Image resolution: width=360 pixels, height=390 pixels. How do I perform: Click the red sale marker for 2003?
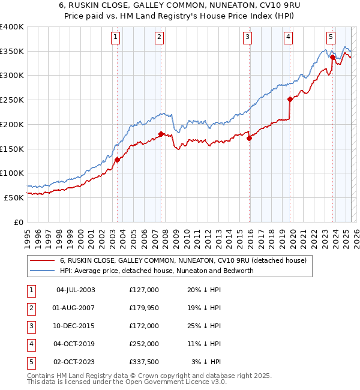click(x=118, y=160)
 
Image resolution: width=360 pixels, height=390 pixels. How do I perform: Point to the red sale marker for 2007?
click(x=161, y=134)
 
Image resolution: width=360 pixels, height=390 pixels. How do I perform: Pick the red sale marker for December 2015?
click(x=249, y=137)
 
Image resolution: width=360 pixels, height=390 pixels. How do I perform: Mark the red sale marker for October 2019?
click(x=290, y=99)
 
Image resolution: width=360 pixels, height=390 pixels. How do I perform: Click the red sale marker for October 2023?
click(x=332, y=58)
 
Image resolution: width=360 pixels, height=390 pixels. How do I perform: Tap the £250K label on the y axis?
click(x=12, y=100)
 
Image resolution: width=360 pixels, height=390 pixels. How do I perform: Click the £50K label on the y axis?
click(x=14, y=197)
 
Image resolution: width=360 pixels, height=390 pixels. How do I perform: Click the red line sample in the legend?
click(x=42, y=261)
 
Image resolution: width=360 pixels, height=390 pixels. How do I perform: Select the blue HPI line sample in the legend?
click(x=42, y=271)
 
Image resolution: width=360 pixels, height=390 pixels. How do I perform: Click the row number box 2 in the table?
click(x=30, y=308)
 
